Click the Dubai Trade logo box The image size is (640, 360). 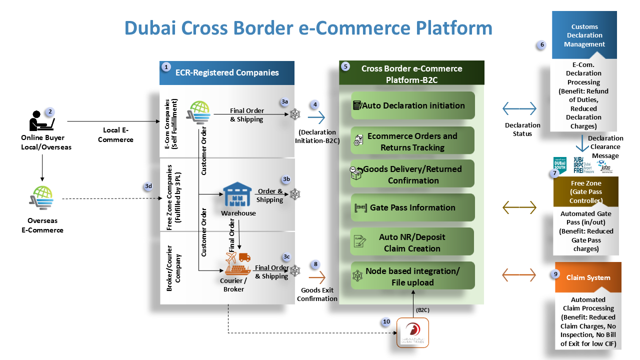tap(413, 332)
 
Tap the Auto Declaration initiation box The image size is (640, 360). tap(412, 105)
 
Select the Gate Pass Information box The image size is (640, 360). tap(412, 207)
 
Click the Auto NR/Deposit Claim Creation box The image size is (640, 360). tap(412, 242)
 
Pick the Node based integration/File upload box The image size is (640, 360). tap(412, 276)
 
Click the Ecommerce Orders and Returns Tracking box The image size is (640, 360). tap(412, 141)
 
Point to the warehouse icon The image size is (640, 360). tap(237, 195)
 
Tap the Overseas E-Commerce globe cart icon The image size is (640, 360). tap(41, 198)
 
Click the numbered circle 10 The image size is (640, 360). tap(386, 322)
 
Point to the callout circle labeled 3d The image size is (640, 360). tap(148, 186)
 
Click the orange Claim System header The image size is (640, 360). tap(588, 277)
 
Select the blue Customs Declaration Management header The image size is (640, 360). tap(584, 35)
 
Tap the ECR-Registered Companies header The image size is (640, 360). tap(227, 73)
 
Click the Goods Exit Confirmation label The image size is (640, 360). tap(317, 294)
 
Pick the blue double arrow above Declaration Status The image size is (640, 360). tap(519, 108)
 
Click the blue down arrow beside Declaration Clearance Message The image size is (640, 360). tap(581, 144)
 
